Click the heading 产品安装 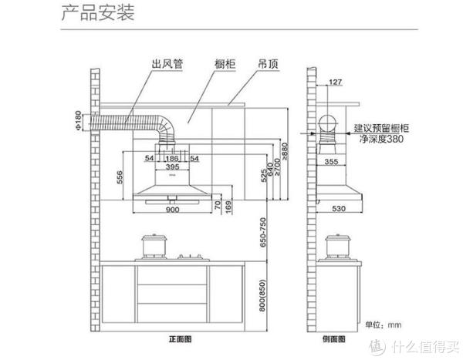[x=98, y=13]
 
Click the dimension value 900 [x=173, y=210]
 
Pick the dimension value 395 [x=173, y=167]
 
